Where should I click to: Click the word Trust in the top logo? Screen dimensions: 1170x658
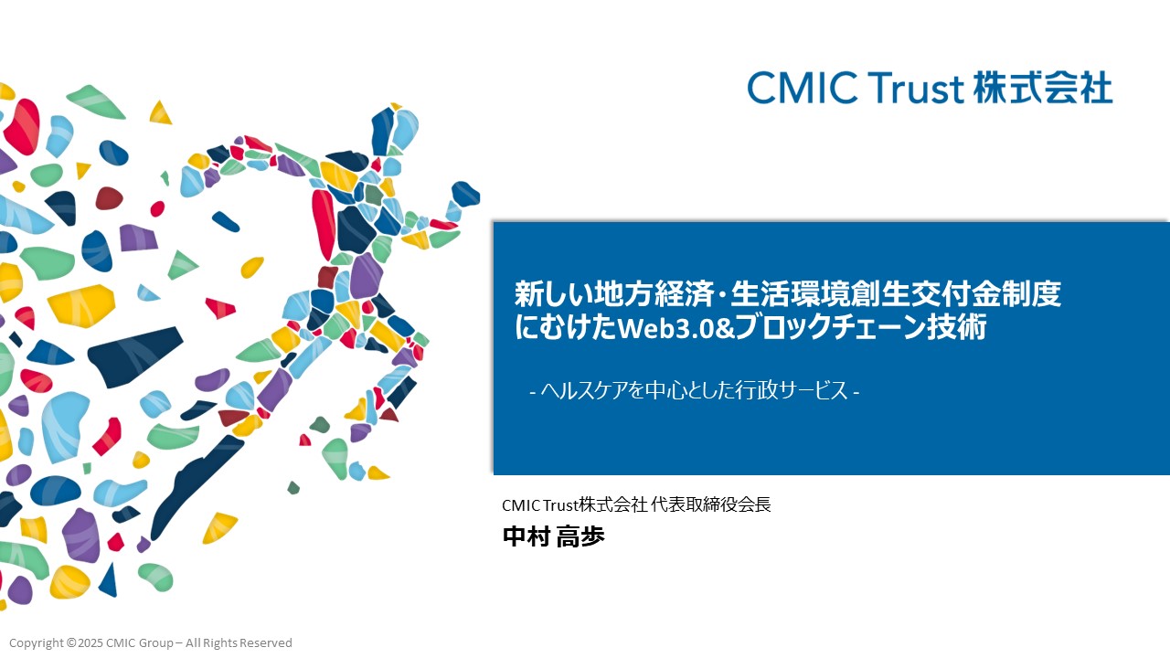coord(916,88)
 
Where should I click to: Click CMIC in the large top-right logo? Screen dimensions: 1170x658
coord(803,88)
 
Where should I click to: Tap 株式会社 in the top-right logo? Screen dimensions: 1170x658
coord(1043,88)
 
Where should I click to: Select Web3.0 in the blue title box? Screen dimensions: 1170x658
coord(665,327)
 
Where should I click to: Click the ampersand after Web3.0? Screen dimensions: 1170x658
coord(725,328)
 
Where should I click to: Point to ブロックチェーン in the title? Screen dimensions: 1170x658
coord(831,327)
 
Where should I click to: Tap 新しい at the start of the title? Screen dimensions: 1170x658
coord(555,293)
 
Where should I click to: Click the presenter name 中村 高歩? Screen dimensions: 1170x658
coord(554,536)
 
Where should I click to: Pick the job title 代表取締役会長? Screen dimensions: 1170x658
coord(711,504)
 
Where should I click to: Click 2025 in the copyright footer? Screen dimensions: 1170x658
coord(90,642)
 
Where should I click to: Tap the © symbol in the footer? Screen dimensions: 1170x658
coord(71,642)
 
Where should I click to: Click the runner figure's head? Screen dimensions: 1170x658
coord(395,131)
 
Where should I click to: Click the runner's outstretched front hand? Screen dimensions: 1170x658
coord(465,194)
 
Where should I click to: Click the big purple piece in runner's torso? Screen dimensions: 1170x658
coord(366,276)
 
